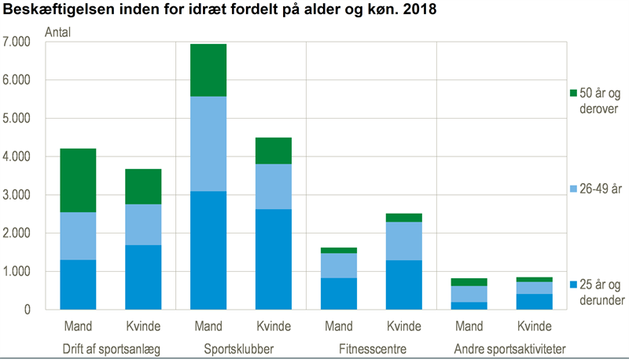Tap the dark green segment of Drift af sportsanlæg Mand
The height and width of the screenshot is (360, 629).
[x=77, y=180]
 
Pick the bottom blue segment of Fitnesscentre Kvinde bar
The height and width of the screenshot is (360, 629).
[x=403, y=285]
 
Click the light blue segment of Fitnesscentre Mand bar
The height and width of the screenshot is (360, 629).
[x=338, y=266]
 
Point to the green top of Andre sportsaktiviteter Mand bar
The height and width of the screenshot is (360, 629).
[x=469, y=281]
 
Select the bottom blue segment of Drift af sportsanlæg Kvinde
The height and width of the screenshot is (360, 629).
[x=142, y=277]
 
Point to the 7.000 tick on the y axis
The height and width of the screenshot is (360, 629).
[x=18, y=42]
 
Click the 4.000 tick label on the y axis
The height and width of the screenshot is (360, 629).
[x=18, y=156]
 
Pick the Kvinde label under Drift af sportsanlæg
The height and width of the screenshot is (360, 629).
[x=142, y=326]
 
